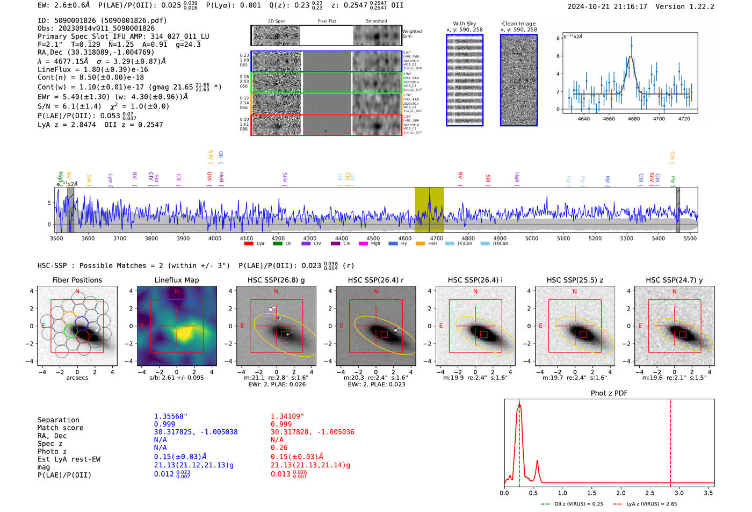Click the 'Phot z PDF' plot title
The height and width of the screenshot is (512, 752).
tap(609, 393)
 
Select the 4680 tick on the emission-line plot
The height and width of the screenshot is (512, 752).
tap(634, 119)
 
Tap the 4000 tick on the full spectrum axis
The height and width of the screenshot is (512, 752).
tap(215, 238)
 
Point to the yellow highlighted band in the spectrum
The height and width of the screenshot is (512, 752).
tap(429, 210)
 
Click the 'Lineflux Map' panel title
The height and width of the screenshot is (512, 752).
tap(177, 280)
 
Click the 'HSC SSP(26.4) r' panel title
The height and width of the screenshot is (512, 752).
tap(375, 280)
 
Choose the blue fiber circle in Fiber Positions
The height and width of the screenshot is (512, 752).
tap(82, 323)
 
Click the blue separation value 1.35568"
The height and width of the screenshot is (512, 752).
tap(170, 416)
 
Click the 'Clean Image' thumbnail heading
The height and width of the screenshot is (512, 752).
tap(518, 24)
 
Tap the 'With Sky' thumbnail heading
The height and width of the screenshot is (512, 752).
tap(464, 24)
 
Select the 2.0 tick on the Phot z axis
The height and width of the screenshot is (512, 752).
tap(621, 492)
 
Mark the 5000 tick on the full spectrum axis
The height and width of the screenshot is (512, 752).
tap(531, 238)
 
